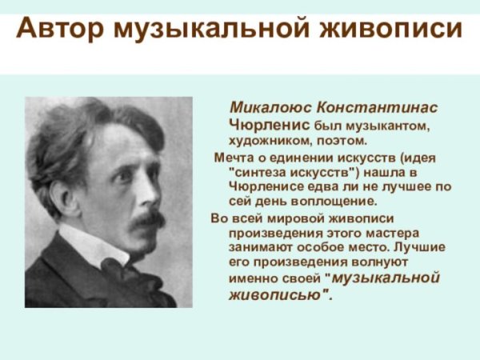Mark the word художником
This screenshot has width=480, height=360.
[x=270, y=141]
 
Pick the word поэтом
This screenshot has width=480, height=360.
[x=342, y=141]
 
